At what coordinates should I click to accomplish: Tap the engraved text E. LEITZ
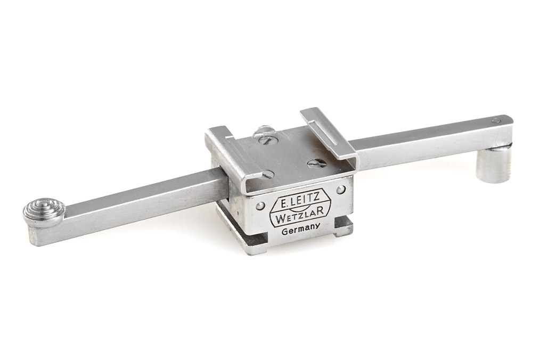tap(299, 200)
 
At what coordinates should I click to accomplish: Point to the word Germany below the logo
tap(301, 230)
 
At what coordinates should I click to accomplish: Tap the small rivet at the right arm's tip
tap(496, 121)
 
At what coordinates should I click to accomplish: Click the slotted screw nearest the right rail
tap(317, 163)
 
